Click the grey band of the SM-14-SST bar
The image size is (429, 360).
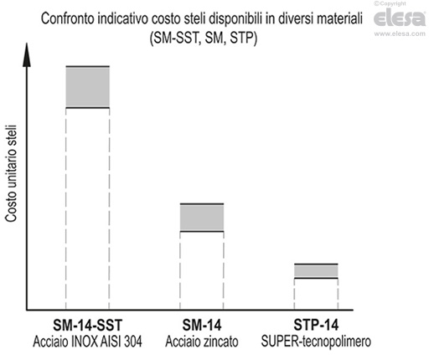click(x=88, y=86)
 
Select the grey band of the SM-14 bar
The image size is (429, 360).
click(x=202, y=218)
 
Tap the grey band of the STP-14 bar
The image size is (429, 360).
click(x=315, y=270)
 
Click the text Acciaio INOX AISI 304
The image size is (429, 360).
click(x=88, y=342)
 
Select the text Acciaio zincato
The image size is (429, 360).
click(x=202, y=342)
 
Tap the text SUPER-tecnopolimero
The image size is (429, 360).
click(x=315, y=342)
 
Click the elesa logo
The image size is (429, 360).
click(x=400, y=20)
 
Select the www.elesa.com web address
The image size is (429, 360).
click(x=400, y=34)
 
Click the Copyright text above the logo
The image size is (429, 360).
click(x=409, y=5)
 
